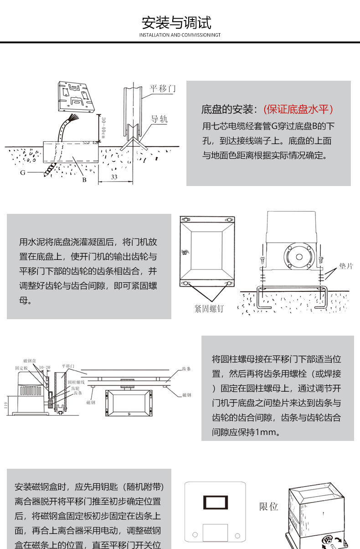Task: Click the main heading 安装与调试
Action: point(176,22)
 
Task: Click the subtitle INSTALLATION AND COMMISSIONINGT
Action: point(180,35)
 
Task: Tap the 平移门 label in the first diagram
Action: point(163,88)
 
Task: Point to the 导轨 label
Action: point(159,119)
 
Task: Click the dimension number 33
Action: point(114,177)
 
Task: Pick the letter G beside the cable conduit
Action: point(22,173)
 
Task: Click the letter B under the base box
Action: point(84,179)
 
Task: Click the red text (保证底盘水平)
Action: point(299,109)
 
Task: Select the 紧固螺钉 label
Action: point(209,309)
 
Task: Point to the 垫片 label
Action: point(346,266)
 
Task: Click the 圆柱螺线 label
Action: point(76,382)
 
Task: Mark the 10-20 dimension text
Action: point(45,367)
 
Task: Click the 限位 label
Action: point(269,507)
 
